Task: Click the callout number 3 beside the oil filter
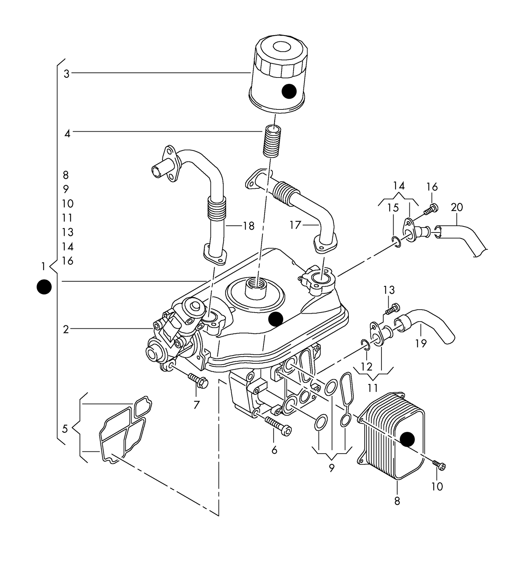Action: (x=66, y=74)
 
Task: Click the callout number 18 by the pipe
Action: (x=248, y=226)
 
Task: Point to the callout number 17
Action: (x=295, y=225)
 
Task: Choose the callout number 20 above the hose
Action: (x=457, y=207)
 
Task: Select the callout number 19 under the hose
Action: (x=421, y=343)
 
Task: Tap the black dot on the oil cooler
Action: (x=407, y=439)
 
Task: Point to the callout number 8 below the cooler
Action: (x=397, y=501)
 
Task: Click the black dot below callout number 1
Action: (x=44, y=287)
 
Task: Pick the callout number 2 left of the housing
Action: (x=66, y=329)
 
